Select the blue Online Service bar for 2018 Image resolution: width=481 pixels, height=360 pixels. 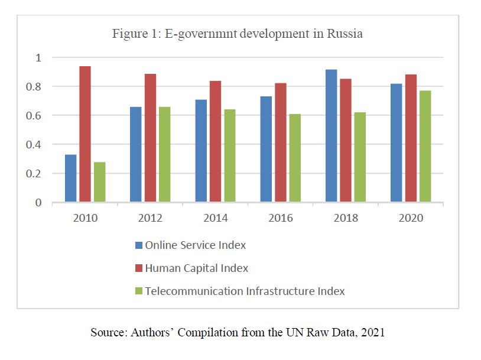tap(331, 136)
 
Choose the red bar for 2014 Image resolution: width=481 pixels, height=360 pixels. tap(215, 142)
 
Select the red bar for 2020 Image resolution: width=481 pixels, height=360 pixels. tap(411, 138)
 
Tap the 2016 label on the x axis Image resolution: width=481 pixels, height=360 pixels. tap(281, 218)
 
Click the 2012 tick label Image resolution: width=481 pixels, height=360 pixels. tap(151, 218)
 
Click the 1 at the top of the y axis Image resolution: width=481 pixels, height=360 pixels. tap(39, 58)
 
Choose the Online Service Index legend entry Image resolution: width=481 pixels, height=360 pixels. tap(195, 245)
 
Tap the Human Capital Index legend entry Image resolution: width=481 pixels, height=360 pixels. tap(196, 268)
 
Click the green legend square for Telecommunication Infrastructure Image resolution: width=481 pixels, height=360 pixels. tap(139, 291)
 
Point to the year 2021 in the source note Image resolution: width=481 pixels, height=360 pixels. tap(372, 332)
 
